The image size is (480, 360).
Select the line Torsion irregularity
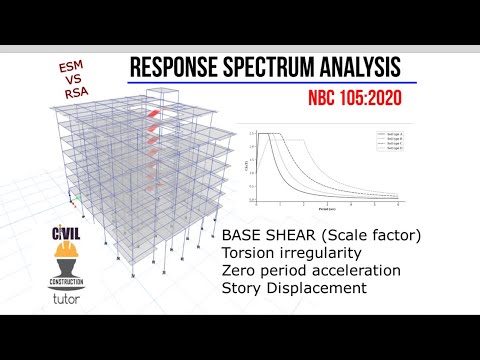click(297, 254)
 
